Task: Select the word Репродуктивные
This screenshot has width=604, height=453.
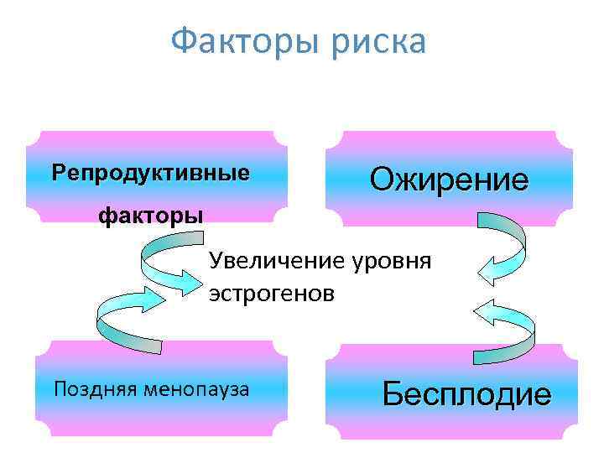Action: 150,174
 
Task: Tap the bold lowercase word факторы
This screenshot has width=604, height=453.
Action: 151,216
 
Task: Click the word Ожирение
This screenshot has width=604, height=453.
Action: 449,179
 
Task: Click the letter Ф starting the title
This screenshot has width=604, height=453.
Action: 182,41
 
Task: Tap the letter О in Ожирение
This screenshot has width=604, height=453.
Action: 383,179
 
